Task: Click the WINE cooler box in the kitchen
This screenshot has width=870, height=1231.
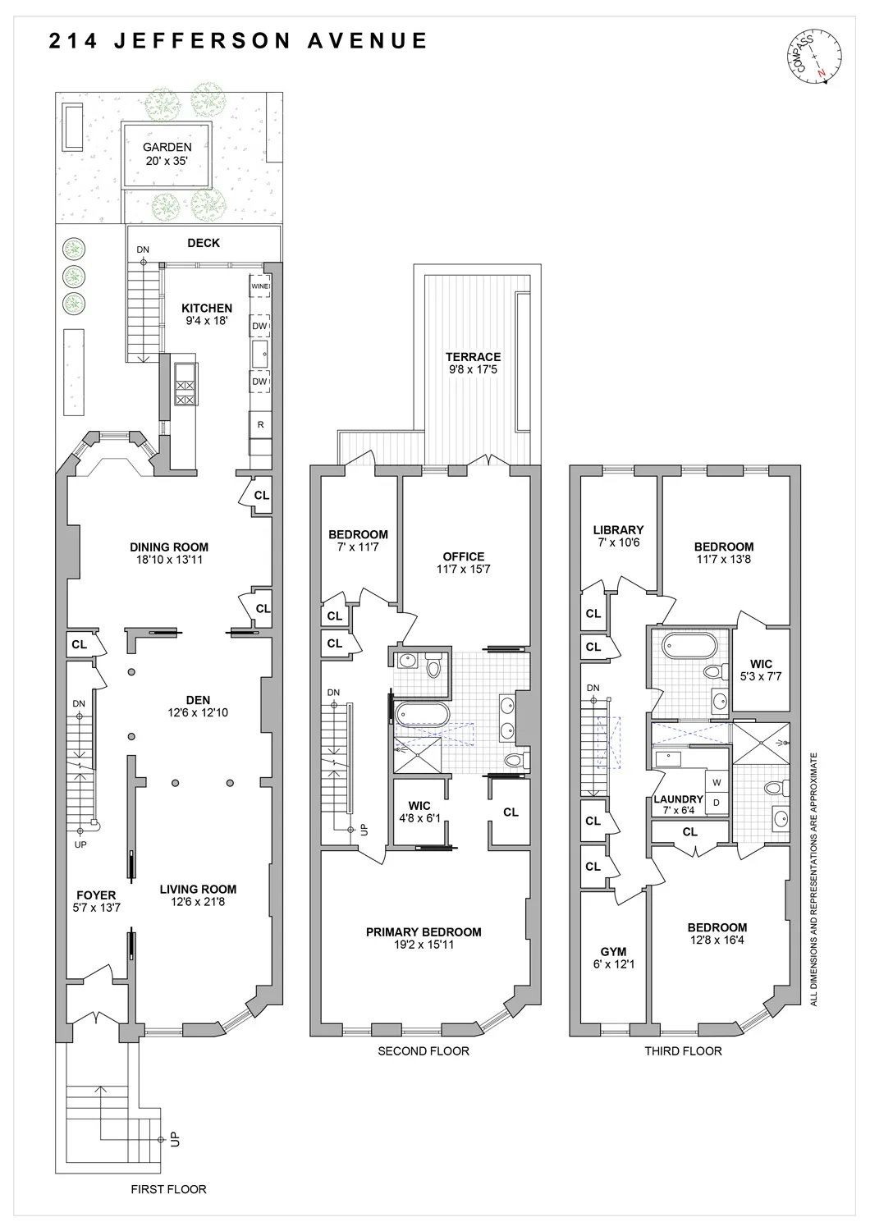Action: tap(259, 286)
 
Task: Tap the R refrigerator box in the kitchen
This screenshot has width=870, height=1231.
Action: tap(260, 424)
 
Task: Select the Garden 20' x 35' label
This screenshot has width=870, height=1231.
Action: tap(167, 154)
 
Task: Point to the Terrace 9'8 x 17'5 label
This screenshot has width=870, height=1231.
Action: tap(473, 363)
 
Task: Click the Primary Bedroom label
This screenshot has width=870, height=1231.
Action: tap(424, 938)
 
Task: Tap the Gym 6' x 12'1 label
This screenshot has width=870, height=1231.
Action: tap(613, 958)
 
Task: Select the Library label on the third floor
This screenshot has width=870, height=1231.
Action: tap(618, 536)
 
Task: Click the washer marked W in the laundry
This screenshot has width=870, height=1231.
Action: tap(717, 782)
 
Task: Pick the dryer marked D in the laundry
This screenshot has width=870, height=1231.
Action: tap(717, 802)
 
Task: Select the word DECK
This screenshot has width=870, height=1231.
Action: tap(204, 243)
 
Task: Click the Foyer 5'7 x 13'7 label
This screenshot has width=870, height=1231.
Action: tap(96, 901)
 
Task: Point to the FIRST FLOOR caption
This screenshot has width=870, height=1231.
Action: tap(169, 1188)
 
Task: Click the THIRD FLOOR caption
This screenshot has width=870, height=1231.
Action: tap(683, 1050)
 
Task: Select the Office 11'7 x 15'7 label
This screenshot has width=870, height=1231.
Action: tap(464, 562)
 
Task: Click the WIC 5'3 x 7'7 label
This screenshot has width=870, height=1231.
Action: tap(761, 670)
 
